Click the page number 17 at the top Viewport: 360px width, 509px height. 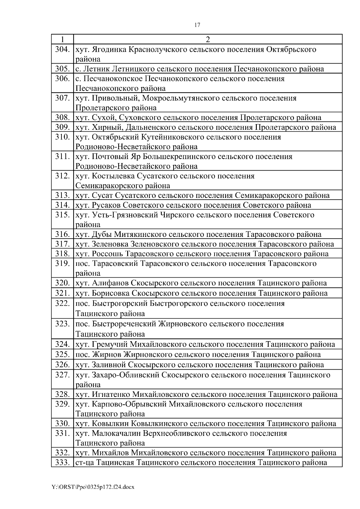pos(197,25)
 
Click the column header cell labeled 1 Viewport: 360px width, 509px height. pos(62,39)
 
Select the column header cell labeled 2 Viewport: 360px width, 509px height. pos(208,39)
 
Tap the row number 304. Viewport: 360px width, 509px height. pos(62,49)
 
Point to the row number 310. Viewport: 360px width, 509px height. pos(62,137)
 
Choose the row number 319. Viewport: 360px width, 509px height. pos(62,263)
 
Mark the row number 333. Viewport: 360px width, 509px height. pos(62,462)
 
